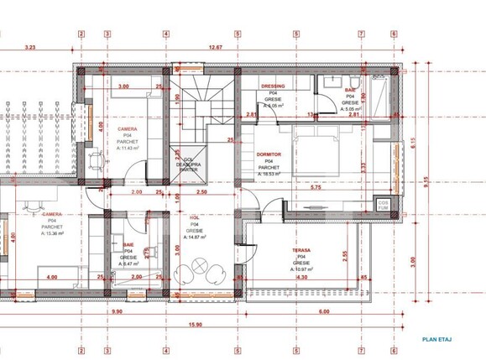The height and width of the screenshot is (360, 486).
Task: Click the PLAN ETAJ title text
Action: coord(436,338)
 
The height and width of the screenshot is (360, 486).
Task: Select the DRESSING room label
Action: coord(273,86)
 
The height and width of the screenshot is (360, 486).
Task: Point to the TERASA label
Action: coord(302,250)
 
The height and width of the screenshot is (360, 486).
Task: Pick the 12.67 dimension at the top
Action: coord(215,48)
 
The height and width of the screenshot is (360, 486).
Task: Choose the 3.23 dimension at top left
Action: coord(30,48)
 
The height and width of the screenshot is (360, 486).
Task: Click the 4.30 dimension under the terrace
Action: coord(302,278)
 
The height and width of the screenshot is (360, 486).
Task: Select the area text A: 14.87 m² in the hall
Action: coord(193,237)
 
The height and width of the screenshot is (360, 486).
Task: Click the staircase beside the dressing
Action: coord(199,105)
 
